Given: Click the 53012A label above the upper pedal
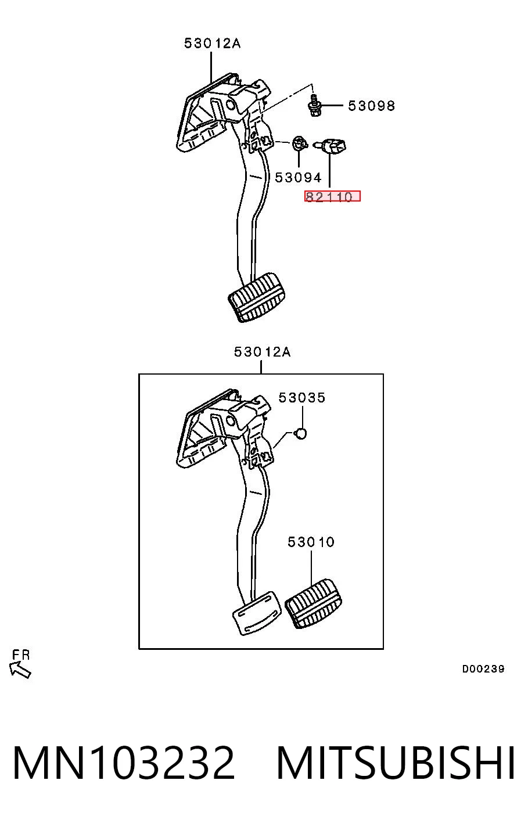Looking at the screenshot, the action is click(213, 44).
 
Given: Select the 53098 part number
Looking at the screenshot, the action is click(371, 106).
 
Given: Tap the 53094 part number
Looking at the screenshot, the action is click(299, 178).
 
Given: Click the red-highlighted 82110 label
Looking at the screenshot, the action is click(332, 196).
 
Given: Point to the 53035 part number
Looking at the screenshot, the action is click(302, 398).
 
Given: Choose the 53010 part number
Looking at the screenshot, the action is click(311, 542).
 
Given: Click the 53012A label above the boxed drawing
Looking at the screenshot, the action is click(262, 352).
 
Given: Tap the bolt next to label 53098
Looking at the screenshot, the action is click(314, 105).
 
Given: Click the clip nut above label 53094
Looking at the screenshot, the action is click(299, 143).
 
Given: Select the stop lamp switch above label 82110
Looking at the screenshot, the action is click(331, 146).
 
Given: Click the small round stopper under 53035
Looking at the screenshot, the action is click(301, 434).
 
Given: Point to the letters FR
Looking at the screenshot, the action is click(21, 655).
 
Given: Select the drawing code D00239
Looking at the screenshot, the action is click(483, 668).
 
